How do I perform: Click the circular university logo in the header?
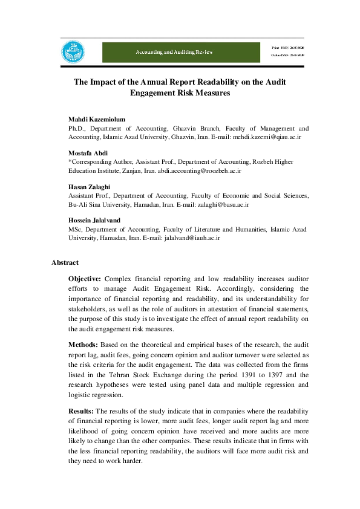pyautogui.click(x=73, y=53)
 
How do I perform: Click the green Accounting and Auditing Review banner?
pyautogui.click(x=173, y=53)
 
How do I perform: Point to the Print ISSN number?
pyautogui.click(x=288, y=47)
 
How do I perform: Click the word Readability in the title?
pyautogui.click(x=212, y=82)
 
